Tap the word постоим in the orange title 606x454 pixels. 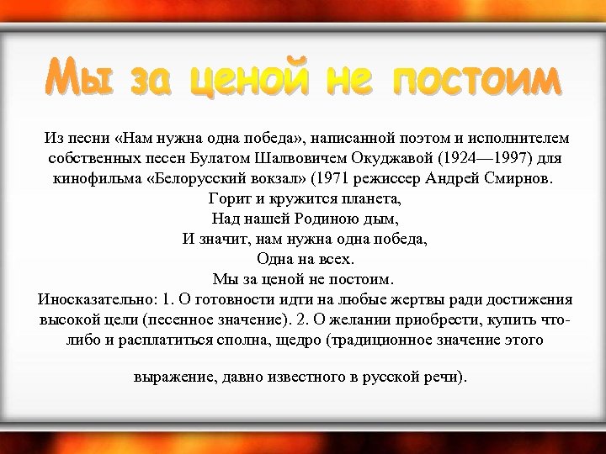476,82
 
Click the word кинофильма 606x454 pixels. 93,179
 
